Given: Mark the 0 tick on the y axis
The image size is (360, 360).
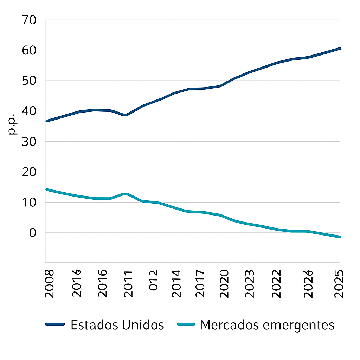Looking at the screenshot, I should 33,233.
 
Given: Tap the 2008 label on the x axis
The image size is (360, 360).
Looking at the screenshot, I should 50,284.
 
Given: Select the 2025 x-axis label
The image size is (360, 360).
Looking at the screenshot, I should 339,284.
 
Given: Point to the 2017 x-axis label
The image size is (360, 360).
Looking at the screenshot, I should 200,284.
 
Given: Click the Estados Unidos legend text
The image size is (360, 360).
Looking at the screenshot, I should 117,325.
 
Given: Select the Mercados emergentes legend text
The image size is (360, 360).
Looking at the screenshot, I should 267,325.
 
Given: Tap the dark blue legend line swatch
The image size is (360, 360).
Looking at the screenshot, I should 55,325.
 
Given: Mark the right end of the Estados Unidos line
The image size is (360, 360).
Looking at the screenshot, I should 340,48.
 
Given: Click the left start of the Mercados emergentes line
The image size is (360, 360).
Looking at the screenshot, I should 47,189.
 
